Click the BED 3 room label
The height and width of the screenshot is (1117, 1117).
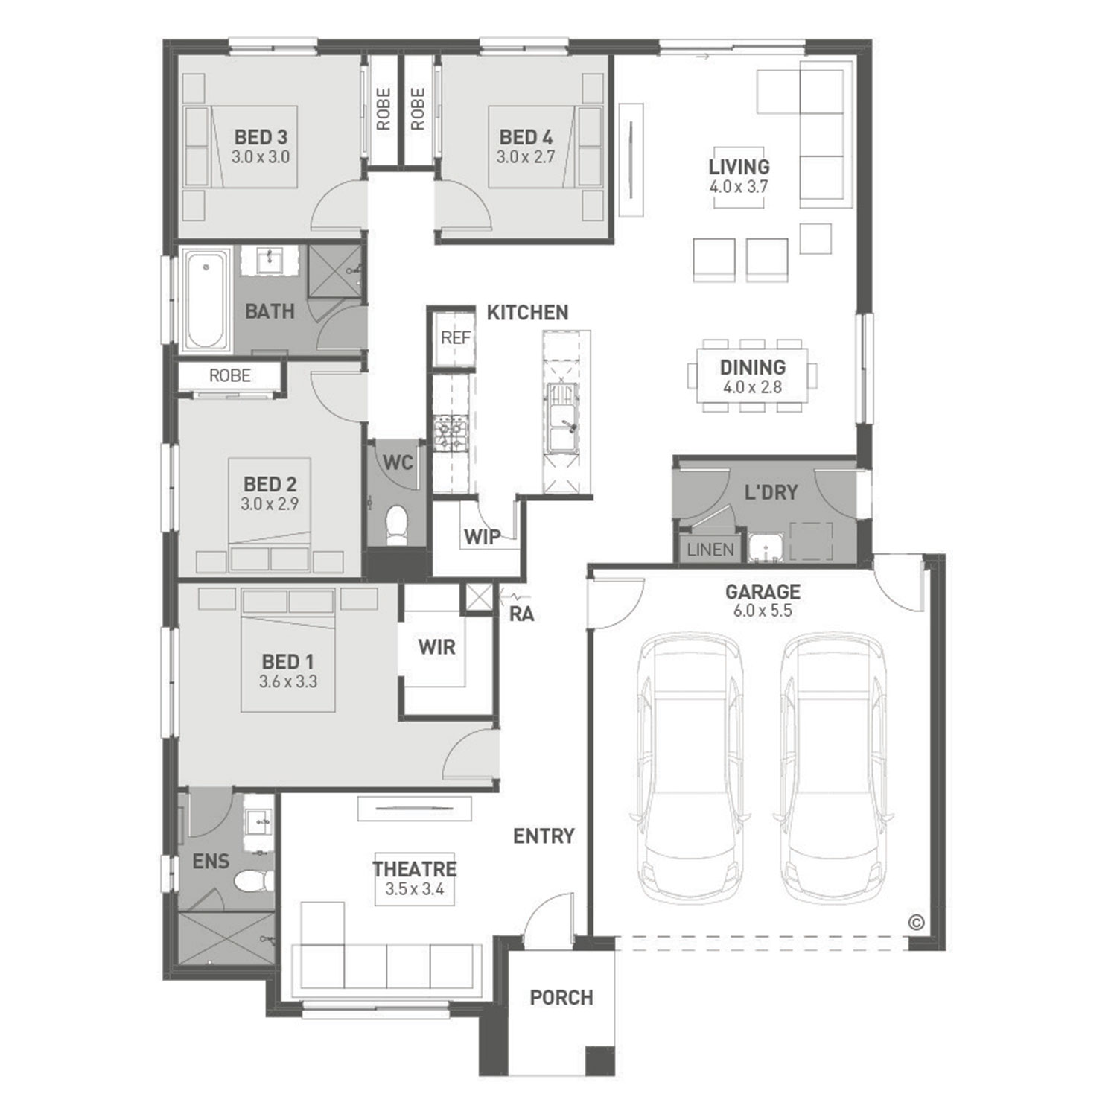(x=261, y=137)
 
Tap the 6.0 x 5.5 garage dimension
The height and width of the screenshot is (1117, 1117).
(x=763, y=611)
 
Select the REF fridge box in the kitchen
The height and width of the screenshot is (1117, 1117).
(x=455, y=338)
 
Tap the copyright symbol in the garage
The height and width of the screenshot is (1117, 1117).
(x=916, y=922)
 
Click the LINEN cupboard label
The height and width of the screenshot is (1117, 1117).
(x=710, y=550)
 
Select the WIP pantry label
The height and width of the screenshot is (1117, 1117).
(x=482, y=536)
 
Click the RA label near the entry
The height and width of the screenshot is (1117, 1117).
(x=521, y=614)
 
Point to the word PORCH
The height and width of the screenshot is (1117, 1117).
(x=561, y=997)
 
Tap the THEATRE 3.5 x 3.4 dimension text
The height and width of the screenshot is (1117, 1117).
(x=415, y=888)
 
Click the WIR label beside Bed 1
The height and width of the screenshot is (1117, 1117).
(x=436, y=646)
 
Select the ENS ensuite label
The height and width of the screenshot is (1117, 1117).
(x=211, y=862)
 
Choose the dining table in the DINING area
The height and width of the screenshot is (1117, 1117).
(x=752, y=375)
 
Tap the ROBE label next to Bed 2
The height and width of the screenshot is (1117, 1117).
(x=229, y=376)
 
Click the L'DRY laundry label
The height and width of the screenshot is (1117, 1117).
(x=771, y=492)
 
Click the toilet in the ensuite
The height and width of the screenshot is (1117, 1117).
(x=252, y=882)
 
